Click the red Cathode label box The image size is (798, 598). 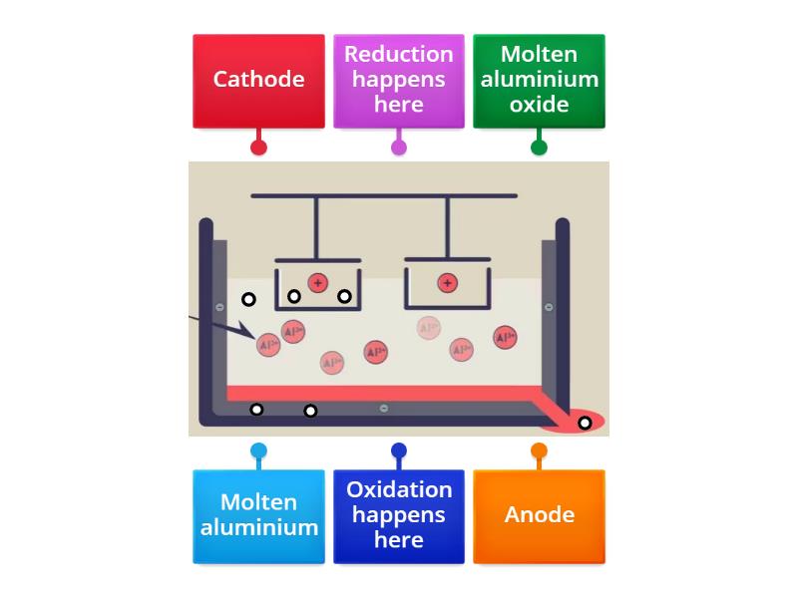click(x=258, y=80)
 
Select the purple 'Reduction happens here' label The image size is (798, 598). click(x=398, y=80)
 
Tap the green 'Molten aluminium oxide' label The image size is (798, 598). click(x=539, y=80)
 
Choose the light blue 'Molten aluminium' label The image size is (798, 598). click(x=258, y=515)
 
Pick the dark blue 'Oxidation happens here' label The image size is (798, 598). click(x=398, y=515)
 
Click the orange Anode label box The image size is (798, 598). click(x=539, y=515)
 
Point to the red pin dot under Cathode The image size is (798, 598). click(x=258, y=148)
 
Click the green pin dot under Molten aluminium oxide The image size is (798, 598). click(x=539, y=148)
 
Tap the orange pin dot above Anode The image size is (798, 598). click(x=539, y=451)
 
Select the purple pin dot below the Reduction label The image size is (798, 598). click(x=399, y=148)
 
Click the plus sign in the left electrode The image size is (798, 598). click(x=317, y=283)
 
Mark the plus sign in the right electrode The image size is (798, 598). click(x=447, y=284)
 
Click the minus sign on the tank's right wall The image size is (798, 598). click(x=548, y=307)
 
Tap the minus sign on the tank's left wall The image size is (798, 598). click(x=220, y=307)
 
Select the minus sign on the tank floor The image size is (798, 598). click(x=384, y=409)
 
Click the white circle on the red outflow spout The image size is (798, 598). click(x=585, y=423)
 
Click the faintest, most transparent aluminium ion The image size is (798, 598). click(x=429, y=328)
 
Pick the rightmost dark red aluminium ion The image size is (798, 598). click(x=505, y=338)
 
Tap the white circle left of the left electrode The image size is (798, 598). click(x=248, y=299)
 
